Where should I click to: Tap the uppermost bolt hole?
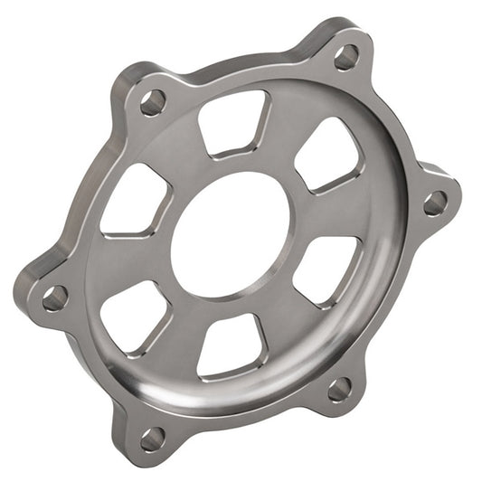point(345,59)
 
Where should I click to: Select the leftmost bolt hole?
point(54,296)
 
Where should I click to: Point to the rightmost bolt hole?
point(435,201)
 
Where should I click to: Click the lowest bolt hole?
point(152,439)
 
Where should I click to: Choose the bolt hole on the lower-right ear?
point(339,389)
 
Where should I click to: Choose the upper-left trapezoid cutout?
point(136,199)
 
